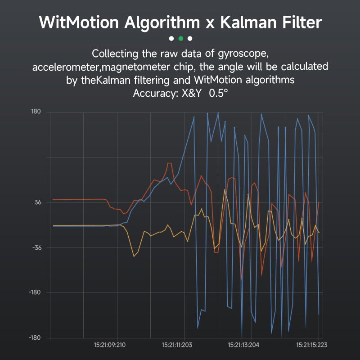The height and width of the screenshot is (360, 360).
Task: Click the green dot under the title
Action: point(180,38)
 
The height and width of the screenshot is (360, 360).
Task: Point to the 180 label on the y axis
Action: point(36,112)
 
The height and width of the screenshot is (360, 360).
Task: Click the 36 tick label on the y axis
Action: point(38,202)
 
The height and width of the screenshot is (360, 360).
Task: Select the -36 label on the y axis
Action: point(36,247)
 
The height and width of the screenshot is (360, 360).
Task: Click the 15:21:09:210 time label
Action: point(110,345)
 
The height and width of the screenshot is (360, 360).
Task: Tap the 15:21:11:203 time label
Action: point(177,345)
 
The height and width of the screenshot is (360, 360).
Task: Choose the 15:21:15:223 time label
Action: point(311,345)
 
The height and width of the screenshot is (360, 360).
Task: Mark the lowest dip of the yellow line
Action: point(134,256)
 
